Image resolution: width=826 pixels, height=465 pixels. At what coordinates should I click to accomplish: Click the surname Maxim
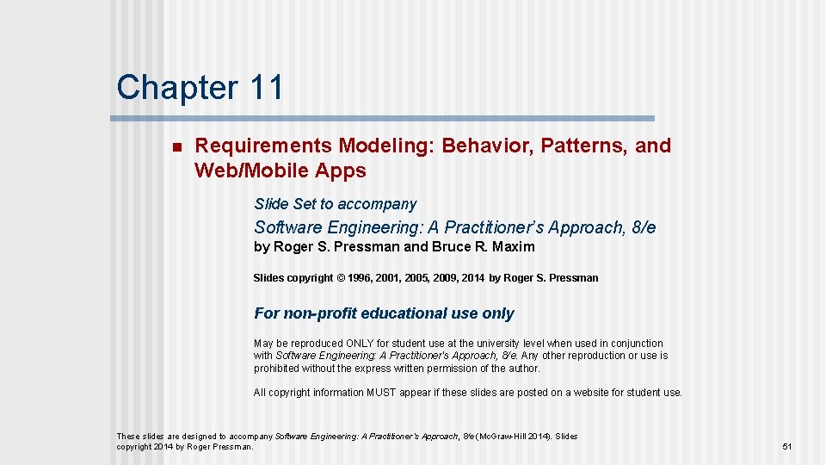(x=515, y=247)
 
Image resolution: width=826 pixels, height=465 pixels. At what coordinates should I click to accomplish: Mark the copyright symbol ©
(x=341, y=278)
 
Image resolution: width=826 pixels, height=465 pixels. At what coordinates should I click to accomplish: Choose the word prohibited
(x=280, y=369)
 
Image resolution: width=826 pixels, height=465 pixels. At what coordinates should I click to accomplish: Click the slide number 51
(x=786, y=447)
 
